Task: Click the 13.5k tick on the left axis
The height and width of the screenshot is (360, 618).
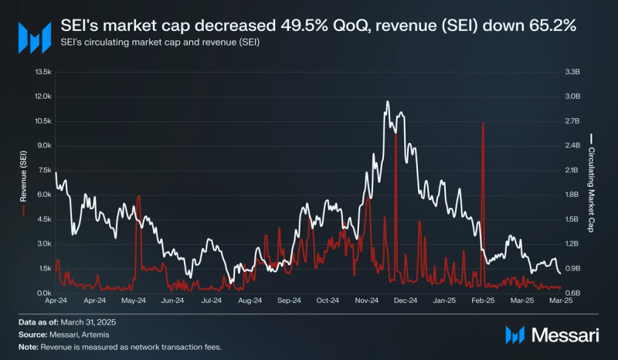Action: click(x=40, y=72)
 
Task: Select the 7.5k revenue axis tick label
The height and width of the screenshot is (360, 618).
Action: click(x=42, y=170)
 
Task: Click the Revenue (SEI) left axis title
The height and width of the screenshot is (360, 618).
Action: click(x=24, y=182)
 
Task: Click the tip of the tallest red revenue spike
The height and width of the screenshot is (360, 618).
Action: click(x=483, y=122)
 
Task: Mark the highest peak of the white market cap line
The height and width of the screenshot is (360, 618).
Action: click(x=385, y=101)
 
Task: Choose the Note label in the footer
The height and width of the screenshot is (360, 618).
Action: click(x=29, y=347)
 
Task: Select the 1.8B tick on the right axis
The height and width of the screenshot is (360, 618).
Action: click(x=572, y=195)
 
